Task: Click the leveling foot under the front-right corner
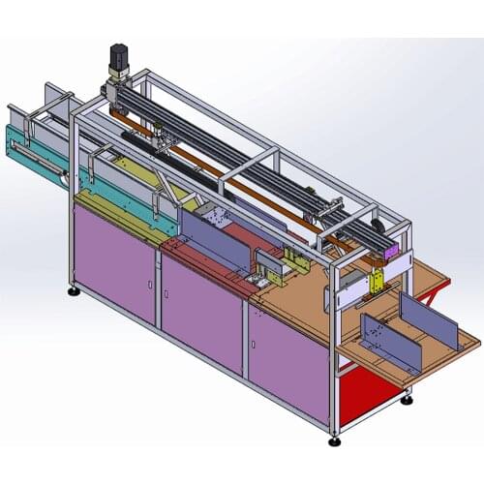pyautogui.click(x=334, y=440)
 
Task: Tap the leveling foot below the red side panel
pyautogui.click(x=407, y=396)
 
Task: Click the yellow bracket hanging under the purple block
pyautogui.click(x=378, y=281)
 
